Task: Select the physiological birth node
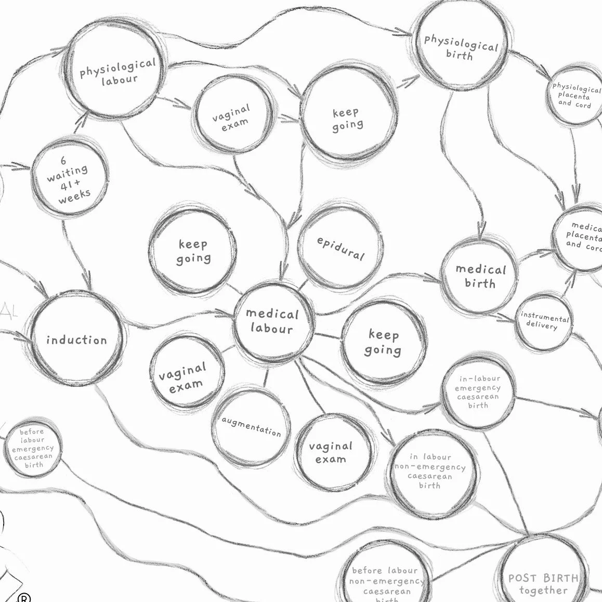pos(461,47)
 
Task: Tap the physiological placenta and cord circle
pos(575,96)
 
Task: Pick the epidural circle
pos(341,248)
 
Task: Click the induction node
pos(76,340)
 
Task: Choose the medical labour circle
pos(273,321)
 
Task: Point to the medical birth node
pos(480,276)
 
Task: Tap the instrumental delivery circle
pos(544,321)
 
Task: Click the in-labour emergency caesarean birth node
pos(478,392)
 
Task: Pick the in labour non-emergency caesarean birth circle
pos(431,471)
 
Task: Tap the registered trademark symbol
pos(24,597)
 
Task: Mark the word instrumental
pos(545,317)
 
